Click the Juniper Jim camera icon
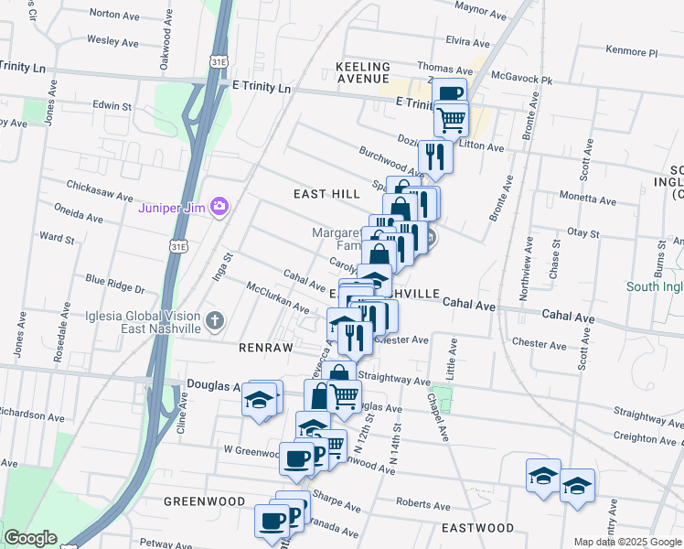tap(219, 206)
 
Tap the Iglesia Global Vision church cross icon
tap(214, 320)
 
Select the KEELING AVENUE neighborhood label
tap(363, 73)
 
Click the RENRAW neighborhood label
tap(265, 349)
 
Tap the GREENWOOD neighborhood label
tap(205, 501)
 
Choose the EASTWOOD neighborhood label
tap(477, 528)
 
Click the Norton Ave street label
tap(114, 15)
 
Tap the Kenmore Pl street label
tap(631, 52)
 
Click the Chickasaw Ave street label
tap(101, 187)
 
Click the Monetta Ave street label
tap(584, 197)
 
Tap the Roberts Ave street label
tap(422, 505)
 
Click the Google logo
tap(31, 538)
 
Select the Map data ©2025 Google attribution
tap(626, 542)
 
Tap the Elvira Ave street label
tap(468, 42)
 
